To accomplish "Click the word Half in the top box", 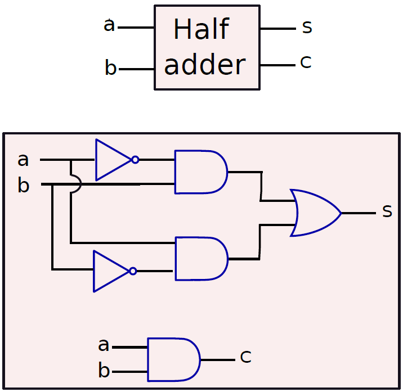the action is [x=201, y=29].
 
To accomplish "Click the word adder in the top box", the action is [x=205, y=65].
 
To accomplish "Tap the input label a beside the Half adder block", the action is [x=109, y=25].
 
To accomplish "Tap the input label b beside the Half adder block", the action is [x=110, y=67].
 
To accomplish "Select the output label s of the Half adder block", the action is [x=307, y=26].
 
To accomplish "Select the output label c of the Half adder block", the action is [x=306, y=62].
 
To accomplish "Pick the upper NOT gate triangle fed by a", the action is [x=114, y=160].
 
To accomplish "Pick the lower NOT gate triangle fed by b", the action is [x=112, y=271].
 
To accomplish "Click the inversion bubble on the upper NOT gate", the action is [x=136, y=160].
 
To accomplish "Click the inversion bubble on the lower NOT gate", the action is [x=133, y=271].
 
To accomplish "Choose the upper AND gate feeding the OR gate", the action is [x=201, y=172].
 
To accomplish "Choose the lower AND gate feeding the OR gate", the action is [x=201, y=259].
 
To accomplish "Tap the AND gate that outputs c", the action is [x=174, y=359].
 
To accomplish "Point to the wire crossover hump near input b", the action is [x=77, y=184].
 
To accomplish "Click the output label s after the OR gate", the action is [x=387, y=211].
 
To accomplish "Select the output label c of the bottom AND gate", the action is [x=246, y=357].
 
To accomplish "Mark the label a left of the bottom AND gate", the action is [x=104, y=345].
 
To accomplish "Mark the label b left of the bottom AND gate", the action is [x=104, y=370].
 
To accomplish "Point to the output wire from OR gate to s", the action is [x=359, y=213].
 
